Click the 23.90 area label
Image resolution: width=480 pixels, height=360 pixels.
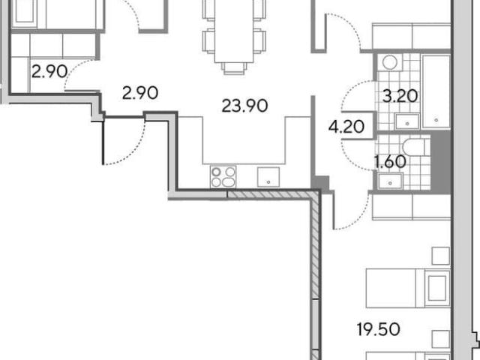244,106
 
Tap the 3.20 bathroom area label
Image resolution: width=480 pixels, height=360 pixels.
400,96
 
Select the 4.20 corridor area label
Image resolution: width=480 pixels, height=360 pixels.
346,126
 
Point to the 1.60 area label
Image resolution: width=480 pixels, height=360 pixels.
390,161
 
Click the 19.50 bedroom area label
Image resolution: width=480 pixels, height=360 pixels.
378,329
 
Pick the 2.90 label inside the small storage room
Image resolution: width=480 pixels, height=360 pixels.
49,72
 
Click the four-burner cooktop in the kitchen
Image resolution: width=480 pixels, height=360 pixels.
223,177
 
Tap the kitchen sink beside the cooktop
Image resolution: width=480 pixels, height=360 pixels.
268,177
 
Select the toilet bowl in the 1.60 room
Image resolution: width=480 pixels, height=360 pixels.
413,147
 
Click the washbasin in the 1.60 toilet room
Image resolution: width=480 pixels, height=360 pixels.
390,181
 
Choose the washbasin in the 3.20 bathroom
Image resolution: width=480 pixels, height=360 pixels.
407,121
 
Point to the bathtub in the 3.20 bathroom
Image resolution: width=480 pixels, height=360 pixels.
436,91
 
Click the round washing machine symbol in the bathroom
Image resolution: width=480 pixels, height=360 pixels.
390,63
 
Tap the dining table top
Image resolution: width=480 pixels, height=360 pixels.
234,31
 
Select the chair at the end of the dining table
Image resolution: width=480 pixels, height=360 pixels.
234,68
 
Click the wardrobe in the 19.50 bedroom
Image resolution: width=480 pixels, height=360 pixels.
412,207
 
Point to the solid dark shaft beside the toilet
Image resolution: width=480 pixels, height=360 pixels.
440,162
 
